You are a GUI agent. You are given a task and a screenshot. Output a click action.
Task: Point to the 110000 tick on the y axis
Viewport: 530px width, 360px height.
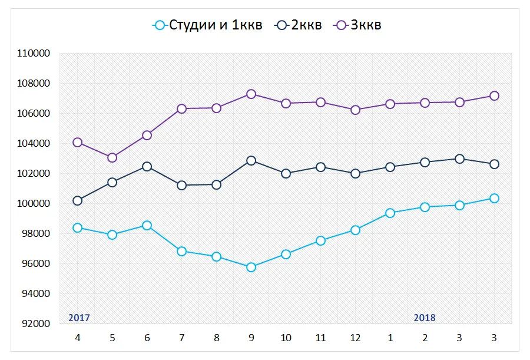[x=34, y=54]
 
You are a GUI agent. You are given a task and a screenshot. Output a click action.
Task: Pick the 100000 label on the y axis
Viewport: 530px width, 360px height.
[x=34, y=204]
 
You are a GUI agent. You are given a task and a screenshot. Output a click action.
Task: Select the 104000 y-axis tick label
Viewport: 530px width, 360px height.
[x=34, y=144]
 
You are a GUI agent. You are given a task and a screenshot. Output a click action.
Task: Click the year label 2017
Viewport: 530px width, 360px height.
[x=79, y=318]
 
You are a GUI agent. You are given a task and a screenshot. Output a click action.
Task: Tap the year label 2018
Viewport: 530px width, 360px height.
[x=425, y=318]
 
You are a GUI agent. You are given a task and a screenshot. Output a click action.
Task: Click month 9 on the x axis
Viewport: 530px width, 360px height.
[x=251, y=338]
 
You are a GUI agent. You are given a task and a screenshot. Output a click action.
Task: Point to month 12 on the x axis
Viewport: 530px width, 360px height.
[x=355, y=338]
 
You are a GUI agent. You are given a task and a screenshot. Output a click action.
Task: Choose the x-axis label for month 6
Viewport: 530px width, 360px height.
[x=147, y=338]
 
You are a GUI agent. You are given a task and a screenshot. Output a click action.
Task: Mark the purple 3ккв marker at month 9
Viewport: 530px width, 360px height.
[x=251, y=94]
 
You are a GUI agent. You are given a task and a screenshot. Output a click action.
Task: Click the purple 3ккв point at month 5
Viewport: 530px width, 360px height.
[x=112, y=157]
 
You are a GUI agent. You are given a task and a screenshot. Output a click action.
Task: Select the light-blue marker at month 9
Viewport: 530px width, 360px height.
[x=251, y=267]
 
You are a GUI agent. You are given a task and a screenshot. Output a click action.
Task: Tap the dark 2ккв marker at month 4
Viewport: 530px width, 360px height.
[x=77, y=200]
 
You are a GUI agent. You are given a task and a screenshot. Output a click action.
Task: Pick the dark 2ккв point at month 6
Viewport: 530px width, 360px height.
[x=147, y=167]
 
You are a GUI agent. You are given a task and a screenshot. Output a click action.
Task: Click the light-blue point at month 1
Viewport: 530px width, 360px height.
[x=390, y=213]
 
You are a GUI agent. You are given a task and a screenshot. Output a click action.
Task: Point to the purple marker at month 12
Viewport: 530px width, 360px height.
[x=355, y=110]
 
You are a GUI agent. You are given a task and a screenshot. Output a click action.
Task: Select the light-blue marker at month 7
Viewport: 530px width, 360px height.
[x=181, y=252]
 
